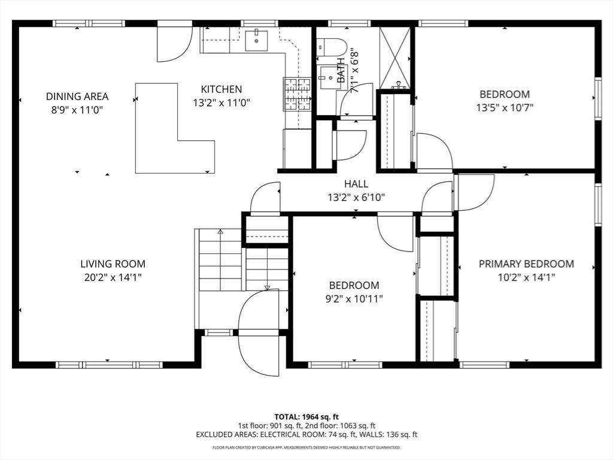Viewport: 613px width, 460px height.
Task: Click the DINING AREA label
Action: [x=77, y=96]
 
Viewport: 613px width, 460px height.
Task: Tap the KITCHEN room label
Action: [x=221, y=89]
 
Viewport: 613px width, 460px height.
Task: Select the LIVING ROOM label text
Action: [x=113, y=264]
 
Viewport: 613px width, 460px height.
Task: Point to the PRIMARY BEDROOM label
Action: [x=526, y=264]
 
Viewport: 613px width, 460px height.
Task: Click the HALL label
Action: [x=356, y=184]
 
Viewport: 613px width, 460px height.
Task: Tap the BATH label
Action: [x=341, y=70]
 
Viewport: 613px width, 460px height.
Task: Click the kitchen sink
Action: [x=256, y=40]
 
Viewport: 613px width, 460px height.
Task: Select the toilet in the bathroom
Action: [x=332, y=47]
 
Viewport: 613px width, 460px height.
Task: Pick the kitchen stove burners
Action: [x=298, y=94]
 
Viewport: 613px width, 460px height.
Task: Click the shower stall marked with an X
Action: [x=395, y=57]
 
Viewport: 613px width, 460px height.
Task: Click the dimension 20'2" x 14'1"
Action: [x=113, y=278]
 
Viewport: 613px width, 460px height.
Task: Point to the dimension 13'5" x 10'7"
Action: [x=505, y=108]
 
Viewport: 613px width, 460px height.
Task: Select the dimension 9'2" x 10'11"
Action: [x=354, y=299]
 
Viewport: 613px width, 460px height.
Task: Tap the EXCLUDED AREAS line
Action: [x=306, y=435]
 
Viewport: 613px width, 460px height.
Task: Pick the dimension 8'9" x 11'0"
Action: [x=77, y=110]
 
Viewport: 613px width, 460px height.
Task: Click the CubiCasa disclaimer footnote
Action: [x=306, y=447]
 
